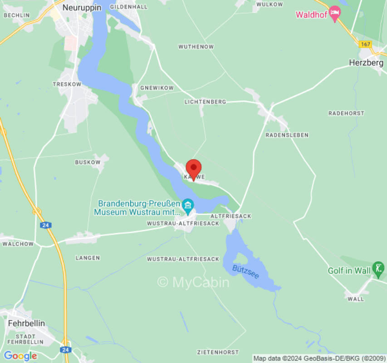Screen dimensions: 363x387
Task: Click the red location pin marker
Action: (194, 168)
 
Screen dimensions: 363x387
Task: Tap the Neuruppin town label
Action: (82, 7)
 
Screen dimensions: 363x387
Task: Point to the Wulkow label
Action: (269, 4)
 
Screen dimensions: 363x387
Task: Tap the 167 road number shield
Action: (365, 44)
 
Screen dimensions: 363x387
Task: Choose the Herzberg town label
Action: (366, 63)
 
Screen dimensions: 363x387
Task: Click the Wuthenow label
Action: (196, 47)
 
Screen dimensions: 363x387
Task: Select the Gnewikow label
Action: (157, 88)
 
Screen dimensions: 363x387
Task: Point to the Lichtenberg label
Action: (205, 102)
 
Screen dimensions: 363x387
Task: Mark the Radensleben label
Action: (287, 135)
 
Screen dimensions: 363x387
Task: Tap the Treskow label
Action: (67, 84)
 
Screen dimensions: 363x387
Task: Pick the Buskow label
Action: (88, 162)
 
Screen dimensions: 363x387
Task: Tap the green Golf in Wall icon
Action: (377, 269)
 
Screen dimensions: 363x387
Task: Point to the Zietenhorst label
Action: (218, 352)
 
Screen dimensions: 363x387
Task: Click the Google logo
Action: (20, 356)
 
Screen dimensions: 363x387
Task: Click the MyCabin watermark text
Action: (194, 282)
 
